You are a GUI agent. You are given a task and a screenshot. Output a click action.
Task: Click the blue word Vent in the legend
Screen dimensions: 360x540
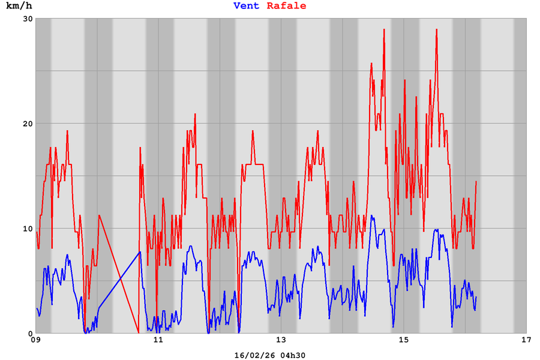[x=246, y=6]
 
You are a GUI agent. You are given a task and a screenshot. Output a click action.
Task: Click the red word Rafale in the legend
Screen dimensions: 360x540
[x=286, y=6]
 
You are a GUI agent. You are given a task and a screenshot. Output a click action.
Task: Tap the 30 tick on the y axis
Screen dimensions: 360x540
[x=28, y=19]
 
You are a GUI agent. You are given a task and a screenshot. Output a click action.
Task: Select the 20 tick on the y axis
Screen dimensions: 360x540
[x=28, y=124]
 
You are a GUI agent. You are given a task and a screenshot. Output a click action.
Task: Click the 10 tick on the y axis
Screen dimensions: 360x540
[x=28, y=229]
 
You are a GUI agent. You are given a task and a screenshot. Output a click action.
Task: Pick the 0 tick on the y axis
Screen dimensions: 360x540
[x=30, y=334]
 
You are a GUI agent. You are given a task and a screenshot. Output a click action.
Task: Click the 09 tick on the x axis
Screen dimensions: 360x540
[x=36, y=341]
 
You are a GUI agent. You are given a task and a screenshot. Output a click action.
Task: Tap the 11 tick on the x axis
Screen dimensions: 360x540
[x=158, y=341]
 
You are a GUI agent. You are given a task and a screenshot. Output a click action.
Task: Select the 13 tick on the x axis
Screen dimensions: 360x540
[x=281, y=341]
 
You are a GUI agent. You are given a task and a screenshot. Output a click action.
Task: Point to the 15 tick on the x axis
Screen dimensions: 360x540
[x=404, y=341]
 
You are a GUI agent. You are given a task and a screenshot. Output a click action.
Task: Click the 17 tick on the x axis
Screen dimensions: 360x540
[x=526, y=341]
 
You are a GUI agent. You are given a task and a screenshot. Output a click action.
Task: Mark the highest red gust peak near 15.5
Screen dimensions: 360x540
[x=437, y=29]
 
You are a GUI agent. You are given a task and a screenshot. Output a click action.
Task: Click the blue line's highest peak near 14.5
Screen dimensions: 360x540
[x=371, y=216]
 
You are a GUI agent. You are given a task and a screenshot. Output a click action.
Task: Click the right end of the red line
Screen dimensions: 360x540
[x=476, y=182]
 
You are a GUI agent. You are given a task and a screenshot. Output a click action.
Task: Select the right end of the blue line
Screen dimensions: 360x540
[x=476, y=297]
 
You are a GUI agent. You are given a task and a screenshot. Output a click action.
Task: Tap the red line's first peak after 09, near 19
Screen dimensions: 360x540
[x=67, y=131]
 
